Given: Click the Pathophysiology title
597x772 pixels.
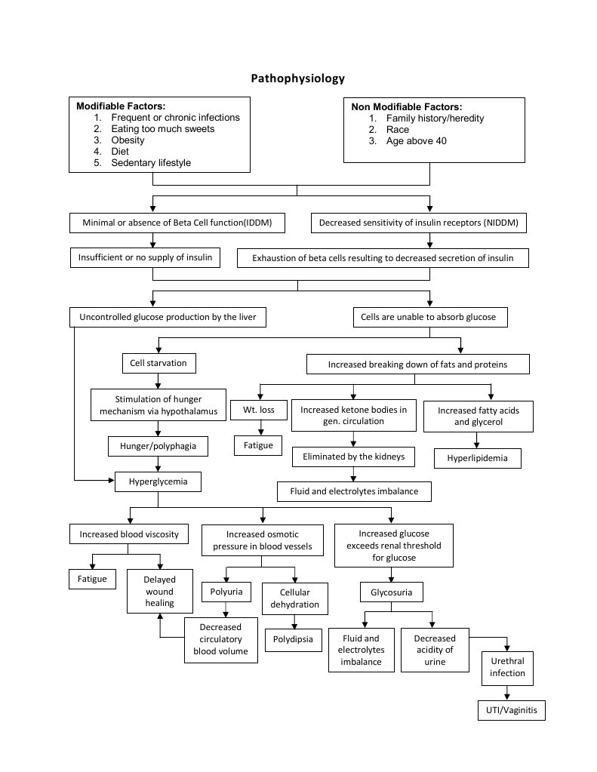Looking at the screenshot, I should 297,78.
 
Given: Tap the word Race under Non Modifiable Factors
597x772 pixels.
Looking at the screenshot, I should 398,129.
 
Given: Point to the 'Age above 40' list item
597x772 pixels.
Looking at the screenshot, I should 416,140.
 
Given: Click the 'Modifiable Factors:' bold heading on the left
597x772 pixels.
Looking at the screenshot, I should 121,106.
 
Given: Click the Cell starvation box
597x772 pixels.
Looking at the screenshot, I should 158,363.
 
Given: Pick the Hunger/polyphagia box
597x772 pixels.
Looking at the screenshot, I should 158,445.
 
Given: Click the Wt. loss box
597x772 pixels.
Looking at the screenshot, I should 259,409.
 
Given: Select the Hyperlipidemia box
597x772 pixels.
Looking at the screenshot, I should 478,457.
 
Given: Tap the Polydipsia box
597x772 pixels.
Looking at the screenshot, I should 294,639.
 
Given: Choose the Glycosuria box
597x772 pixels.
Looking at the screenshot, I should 392,592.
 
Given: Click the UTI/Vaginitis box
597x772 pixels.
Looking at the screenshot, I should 511,710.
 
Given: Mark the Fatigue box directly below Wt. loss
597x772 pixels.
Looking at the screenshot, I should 259,445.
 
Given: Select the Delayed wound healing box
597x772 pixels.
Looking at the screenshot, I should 160,591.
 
